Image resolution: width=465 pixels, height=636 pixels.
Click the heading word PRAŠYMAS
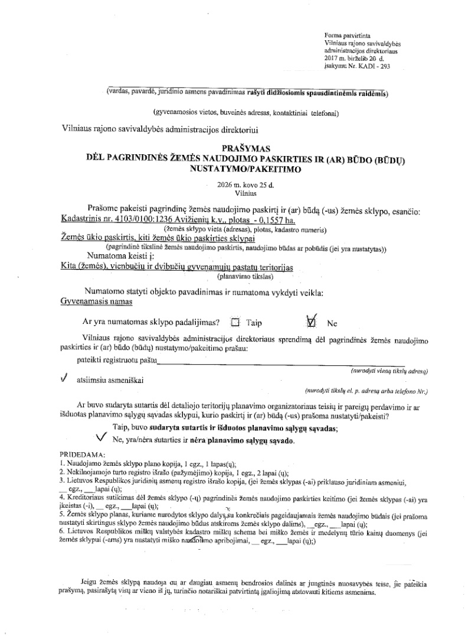point(247,148)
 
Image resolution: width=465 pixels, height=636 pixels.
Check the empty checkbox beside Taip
point(236,323)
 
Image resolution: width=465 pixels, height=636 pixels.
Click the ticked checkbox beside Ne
point(312,322)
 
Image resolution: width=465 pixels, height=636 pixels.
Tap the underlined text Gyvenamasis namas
point(96,301)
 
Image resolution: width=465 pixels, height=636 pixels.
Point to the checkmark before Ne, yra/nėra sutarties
point(100,437)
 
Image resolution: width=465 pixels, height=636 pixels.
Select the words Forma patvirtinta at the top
point(343,37)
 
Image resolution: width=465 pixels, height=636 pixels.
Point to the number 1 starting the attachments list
point(61,464)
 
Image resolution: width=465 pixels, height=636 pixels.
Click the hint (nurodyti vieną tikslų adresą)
point(389,371)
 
